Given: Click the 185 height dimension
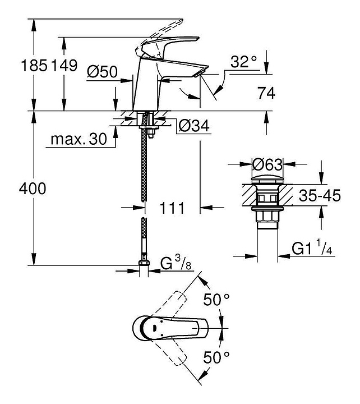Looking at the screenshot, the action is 34,66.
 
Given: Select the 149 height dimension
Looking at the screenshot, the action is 64,66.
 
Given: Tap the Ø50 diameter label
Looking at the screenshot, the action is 102,71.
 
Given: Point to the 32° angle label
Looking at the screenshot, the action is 243,62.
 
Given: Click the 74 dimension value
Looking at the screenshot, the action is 266,93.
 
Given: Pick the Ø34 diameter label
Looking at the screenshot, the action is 194,126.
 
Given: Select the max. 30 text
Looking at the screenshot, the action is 79,139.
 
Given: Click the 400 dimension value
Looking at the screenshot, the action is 33,189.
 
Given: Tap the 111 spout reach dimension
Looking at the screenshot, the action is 172,208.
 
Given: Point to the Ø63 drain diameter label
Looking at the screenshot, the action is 267,164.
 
